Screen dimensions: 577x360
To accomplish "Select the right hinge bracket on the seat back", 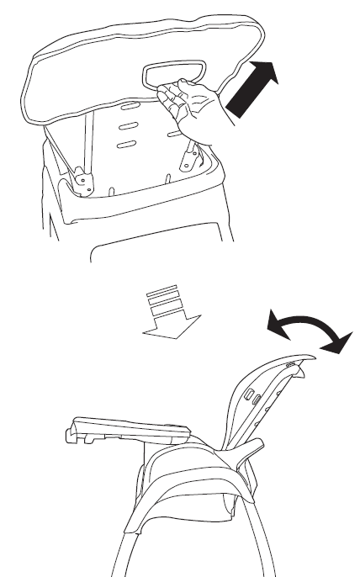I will click(x=192, y=156).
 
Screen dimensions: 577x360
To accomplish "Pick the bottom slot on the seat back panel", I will click(x=126, y=146).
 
